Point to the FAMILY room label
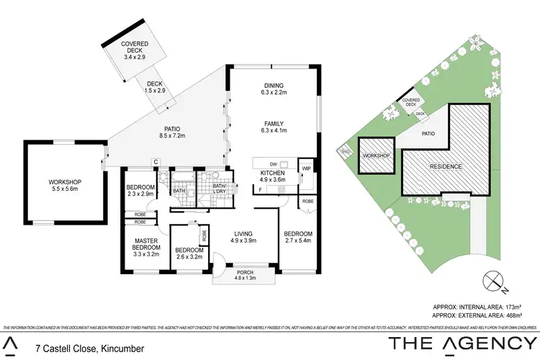click(274, 122)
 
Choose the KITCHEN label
click(274, 174)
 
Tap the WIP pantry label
click(305, 168)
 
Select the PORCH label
click(245, 272)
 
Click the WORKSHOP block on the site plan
click(375, 155)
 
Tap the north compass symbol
click(493, 279)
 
